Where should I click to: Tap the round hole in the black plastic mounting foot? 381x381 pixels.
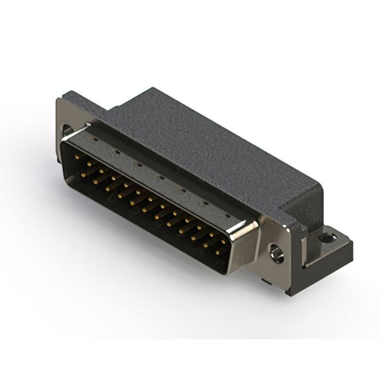pyautogui.click(x=327, y=239)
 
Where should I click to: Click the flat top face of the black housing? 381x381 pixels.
pyautogui.click(x=202, y=137)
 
